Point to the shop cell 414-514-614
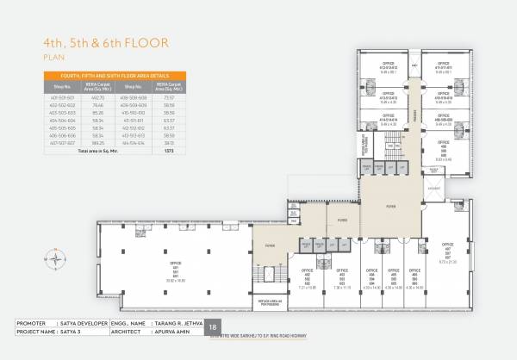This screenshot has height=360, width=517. pos(133,143)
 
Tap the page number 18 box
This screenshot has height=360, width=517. pos(214,327)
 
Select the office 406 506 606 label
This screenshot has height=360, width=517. pos(416,278)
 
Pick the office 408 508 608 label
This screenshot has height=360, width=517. pos(444,152)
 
